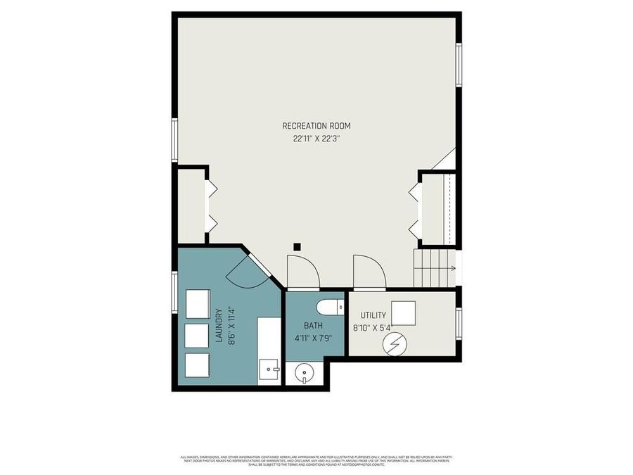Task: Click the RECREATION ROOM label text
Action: [x=316, y=126]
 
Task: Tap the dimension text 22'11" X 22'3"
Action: [x=316, y=139]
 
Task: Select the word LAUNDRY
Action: [x=218, y=326]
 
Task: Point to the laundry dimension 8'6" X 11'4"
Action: [x=229, y=326]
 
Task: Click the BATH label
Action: [x=314, y=326]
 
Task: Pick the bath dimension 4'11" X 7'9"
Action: [x=314, y=338]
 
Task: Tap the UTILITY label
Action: [x=372, y=315]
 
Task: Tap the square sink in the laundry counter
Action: [x=269, y=369]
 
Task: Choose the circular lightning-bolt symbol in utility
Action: [x=395, y=344]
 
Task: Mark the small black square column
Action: [x=298, y=246]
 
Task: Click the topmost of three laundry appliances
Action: [x=198, y=302]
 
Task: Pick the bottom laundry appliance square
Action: [x=198, y=365]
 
